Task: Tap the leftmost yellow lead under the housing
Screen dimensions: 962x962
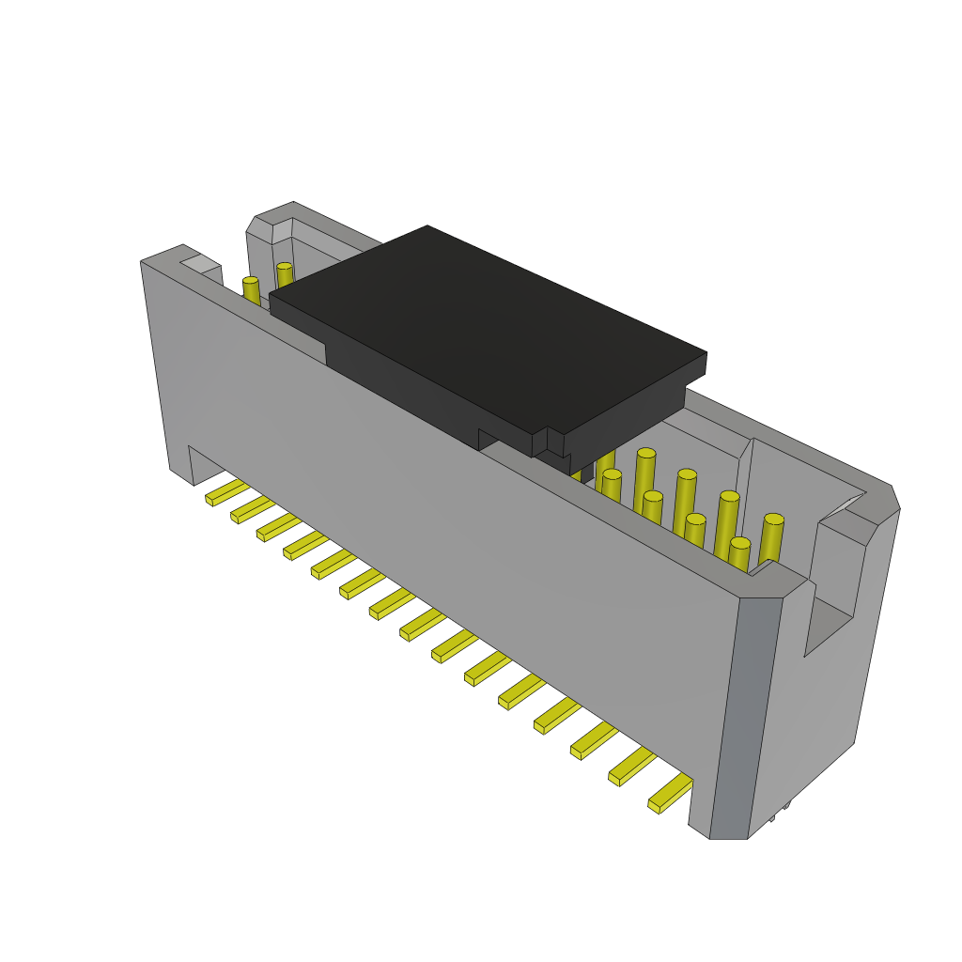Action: [225, 492]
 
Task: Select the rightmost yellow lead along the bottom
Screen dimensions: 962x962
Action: [669, 794]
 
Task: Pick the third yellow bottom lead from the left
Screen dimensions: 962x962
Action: [278, 527]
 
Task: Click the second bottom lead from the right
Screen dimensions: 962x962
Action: [630, 768]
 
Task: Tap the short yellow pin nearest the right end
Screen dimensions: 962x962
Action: [739, 554]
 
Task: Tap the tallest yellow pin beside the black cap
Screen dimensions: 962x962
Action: [644, 479]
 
